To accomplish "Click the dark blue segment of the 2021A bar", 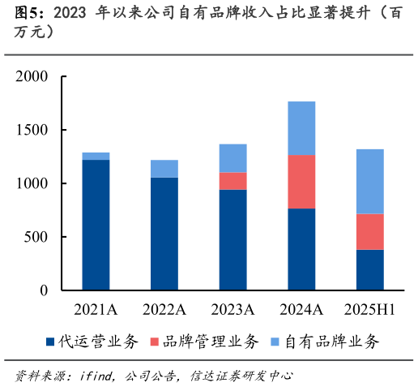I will tap(96, 225).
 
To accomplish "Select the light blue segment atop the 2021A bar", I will tap(96, 156).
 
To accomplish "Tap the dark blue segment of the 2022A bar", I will tap(164, 234).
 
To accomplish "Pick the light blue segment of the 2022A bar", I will tap(164, 169).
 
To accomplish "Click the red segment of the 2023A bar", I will tap(232, 181).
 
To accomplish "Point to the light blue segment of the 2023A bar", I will tap(232, 158).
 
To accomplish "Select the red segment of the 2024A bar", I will tap(301, 182).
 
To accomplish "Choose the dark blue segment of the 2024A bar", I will tap(301, 249).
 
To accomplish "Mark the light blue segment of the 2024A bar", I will tap(301, 128).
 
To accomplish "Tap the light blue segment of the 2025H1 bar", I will tap(369, 182).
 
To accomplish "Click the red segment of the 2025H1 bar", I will tap(369, 232).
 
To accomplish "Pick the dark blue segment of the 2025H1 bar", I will tap(369, 269).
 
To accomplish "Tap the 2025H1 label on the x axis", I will tap(369, 309).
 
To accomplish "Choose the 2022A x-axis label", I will tap(164, 309).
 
